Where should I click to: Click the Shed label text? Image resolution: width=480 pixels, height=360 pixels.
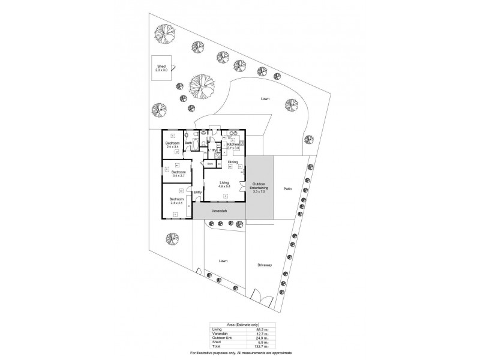[x=161, y=67]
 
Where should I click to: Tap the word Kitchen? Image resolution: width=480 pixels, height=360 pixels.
[x=233, y=145]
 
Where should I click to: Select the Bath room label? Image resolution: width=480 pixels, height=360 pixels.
[x=188, y=143]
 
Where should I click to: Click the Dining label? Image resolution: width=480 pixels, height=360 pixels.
[x=233, y=162]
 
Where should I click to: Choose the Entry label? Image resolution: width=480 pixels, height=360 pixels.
[x=197, y=192]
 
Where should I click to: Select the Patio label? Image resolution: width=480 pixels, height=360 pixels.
[x=287, y=189]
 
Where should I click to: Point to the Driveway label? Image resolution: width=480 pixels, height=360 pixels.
[x=265, y=265]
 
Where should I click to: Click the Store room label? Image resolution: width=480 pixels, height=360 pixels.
[x=211, y=163]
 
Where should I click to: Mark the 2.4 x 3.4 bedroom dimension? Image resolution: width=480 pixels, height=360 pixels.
[x=173, y=147]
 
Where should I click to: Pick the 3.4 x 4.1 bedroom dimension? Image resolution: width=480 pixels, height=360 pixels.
[x=178, y=203]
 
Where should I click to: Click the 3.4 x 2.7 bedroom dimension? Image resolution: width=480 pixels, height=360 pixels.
[x=179, y=176]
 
